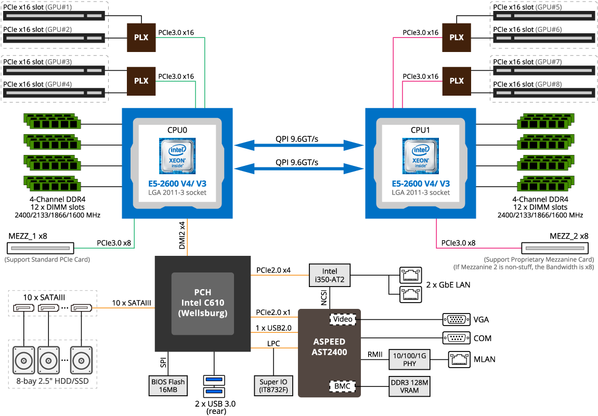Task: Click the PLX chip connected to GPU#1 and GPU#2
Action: coord(141,37)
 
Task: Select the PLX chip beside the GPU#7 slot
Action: coord(456,81)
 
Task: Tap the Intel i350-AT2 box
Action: coord(330,275)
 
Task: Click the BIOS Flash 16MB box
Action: coord(168,386)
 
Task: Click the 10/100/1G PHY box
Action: coord(410,359)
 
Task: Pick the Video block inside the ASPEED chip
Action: coord(343,319)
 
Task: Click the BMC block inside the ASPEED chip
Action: coord(343,386)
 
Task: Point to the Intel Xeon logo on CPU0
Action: coord(177,155)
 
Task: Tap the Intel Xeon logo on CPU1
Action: coord(421,155)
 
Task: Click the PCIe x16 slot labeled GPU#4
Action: coord(54,93)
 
